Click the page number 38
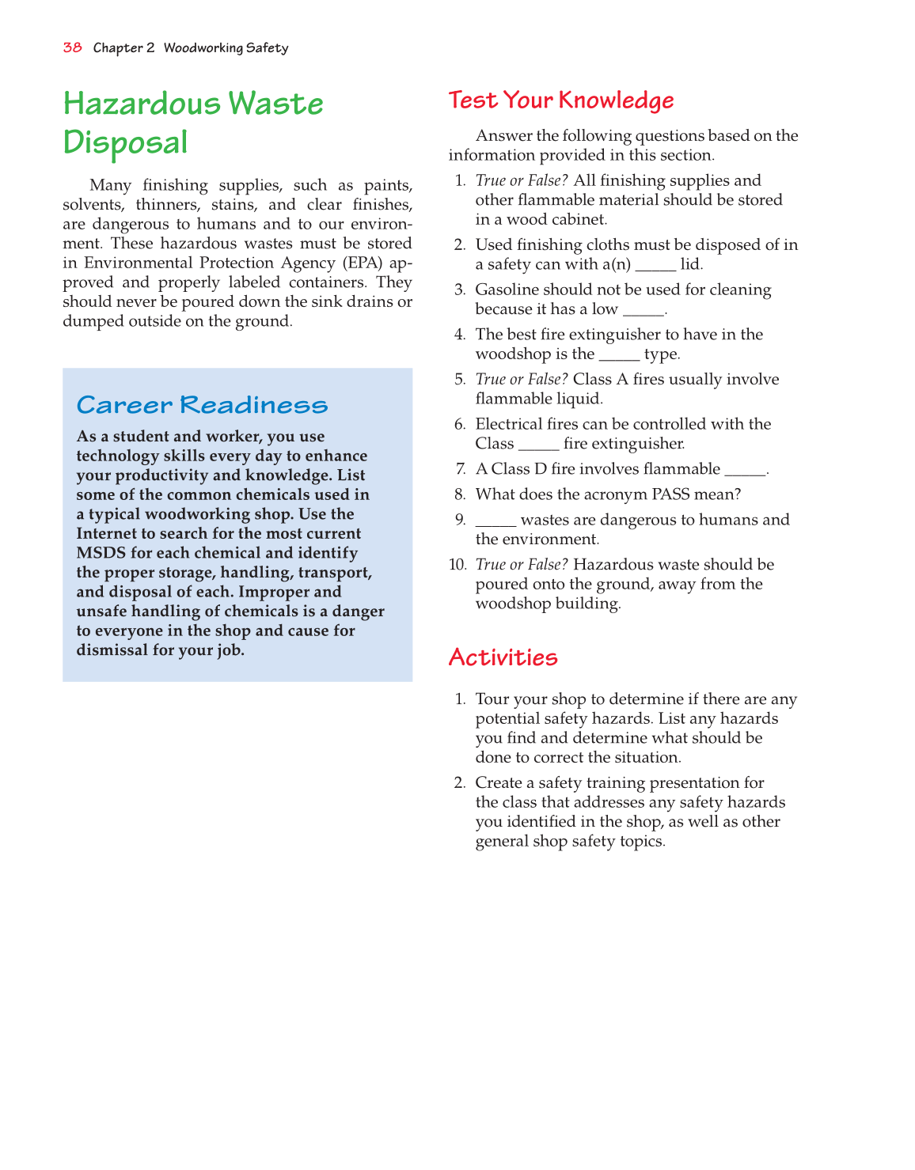pyautogui.click(x=72, y=47)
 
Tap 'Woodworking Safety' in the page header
pyautogui.click(x=226, y=48)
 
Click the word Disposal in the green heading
pyautogui.click(x=125, y=143)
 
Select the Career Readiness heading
pyautogui.click(x=202, y=405)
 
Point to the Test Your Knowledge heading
pyautogui.click(x=560, y=100)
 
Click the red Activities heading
pyautogui.click(x=503, y=657)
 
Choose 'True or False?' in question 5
pyautogui.click(x=522, y=380)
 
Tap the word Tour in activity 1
pyautogui.click(x=492, y=699)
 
